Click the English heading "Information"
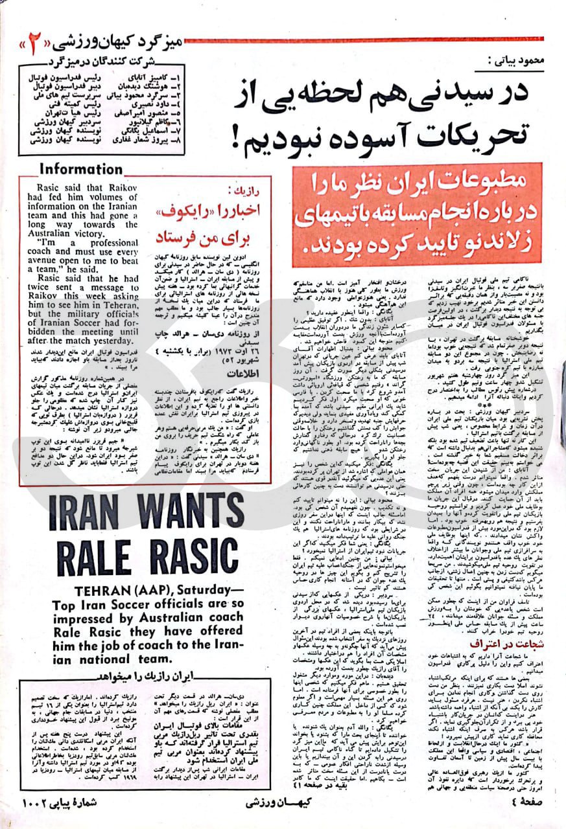click(80, 169)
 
